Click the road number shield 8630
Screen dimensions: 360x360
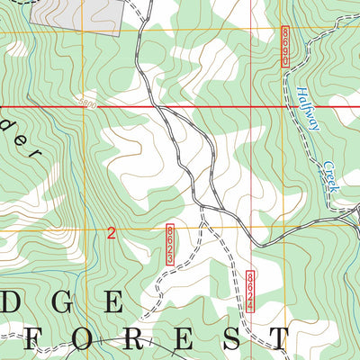[285, 44]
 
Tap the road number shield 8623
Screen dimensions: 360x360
[169, 245]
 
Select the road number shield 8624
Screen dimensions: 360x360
[250, 292]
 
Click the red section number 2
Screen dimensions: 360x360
[111, 234]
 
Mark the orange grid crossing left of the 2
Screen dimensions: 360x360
[87, 229]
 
